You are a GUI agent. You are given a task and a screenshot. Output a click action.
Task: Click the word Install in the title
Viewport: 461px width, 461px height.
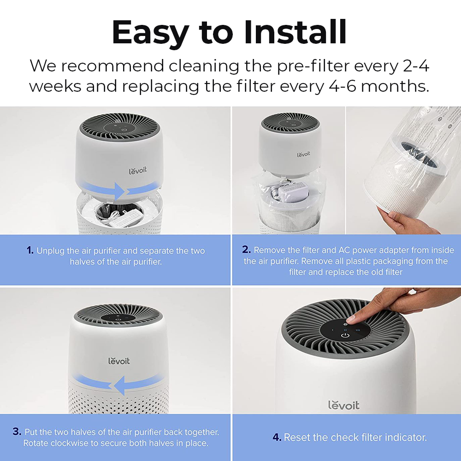point(295,32)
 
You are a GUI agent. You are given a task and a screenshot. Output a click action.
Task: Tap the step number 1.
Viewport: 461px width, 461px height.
point(30,250)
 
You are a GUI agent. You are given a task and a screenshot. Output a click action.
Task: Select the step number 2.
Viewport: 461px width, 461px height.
point(246,249)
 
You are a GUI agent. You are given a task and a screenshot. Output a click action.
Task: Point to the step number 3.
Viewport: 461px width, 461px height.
point(17,431)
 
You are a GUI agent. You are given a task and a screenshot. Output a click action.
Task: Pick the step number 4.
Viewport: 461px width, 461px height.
point(277,437)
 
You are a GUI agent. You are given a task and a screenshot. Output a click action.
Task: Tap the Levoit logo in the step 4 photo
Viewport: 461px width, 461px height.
point(344,405)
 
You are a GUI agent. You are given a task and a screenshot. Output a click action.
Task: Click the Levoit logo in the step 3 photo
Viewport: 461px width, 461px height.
point(119,361)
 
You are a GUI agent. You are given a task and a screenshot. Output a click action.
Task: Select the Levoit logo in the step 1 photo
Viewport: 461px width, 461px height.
point(137,171)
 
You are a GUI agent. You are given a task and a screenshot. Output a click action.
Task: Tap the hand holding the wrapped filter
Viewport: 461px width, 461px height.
point(403,219)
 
